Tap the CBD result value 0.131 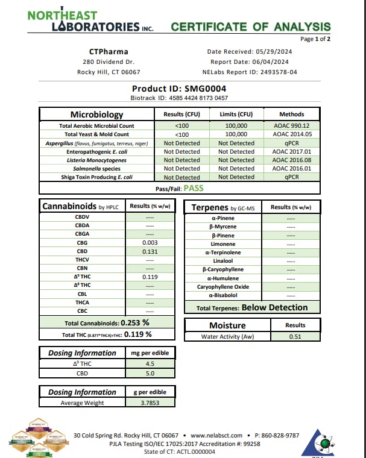click(x=150, y=251)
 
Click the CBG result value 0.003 click(x=150, y=242)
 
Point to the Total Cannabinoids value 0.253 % click(x=136, y=322)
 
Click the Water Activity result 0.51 click(x=295, y=337)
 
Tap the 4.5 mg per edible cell click(x=150, y=363)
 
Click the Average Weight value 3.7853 click(x=150, y=403)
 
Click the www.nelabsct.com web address click(x=216, y=435)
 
